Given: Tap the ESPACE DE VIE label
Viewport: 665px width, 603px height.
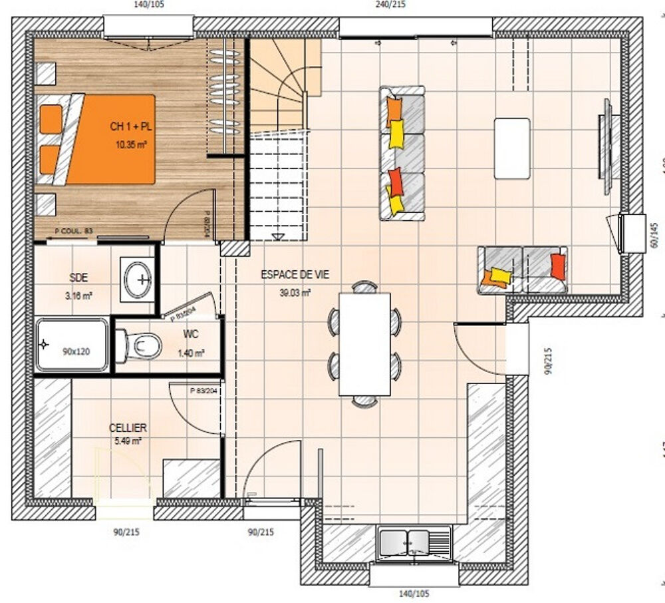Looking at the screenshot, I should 295,274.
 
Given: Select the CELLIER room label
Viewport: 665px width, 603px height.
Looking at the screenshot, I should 128,428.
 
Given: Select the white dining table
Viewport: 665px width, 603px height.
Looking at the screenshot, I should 364,343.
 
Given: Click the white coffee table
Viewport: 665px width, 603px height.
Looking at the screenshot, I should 512,148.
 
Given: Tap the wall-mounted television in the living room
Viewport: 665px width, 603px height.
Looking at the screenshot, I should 607,146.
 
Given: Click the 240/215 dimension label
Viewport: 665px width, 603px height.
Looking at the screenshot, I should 390,4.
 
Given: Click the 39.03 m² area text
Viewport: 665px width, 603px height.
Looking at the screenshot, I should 297,292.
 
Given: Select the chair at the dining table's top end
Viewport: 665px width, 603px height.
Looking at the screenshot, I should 364,287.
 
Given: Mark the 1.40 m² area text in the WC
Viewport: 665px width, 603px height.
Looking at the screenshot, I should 191,353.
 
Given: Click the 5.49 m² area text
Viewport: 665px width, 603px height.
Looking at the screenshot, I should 128,441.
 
